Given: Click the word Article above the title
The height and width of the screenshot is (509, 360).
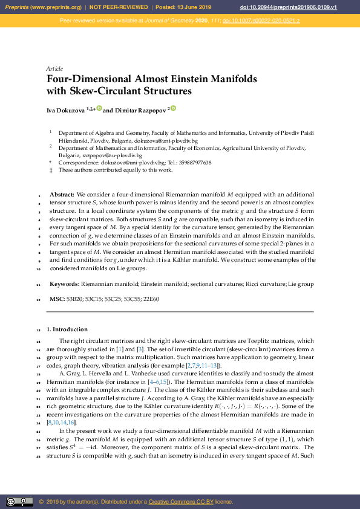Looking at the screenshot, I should coord(54,68).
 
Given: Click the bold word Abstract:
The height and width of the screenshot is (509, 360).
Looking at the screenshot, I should coord(62,195).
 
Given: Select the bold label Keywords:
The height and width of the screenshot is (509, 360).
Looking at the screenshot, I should coord(64,284).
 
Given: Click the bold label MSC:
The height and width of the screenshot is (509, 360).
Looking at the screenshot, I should coord(57,299).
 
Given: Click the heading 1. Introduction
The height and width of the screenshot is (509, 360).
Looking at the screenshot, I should coord(71,329).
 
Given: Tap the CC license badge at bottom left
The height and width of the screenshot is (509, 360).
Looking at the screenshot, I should coord(19,502).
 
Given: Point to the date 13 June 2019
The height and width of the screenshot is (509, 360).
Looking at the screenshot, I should coord(195,7).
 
